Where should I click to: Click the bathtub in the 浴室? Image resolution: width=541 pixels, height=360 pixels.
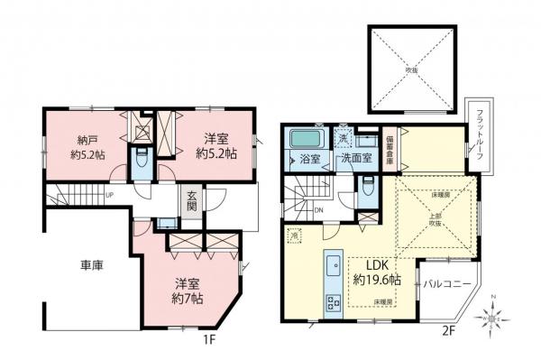pyautogui.click(x=307, y=140)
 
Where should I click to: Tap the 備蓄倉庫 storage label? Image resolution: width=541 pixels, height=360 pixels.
pyautogui.click(x=390, y=148)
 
